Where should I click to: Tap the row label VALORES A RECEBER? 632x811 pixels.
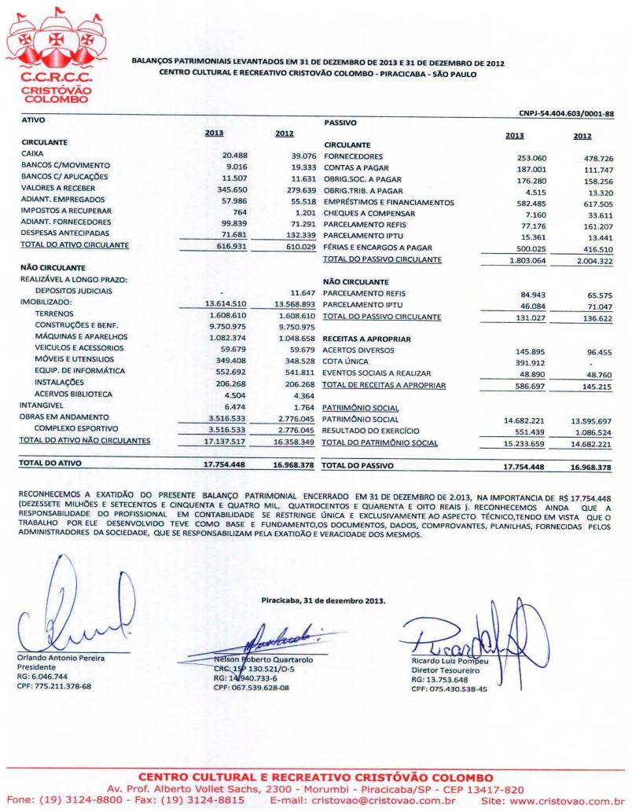tap(59, 189)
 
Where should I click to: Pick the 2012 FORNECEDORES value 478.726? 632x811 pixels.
tap(593, 158)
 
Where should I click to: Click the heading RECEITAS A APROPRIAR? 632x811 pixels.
tap(366, 338)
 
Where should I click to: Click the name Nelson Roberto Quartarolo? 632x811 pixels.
tap(255, 659)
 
